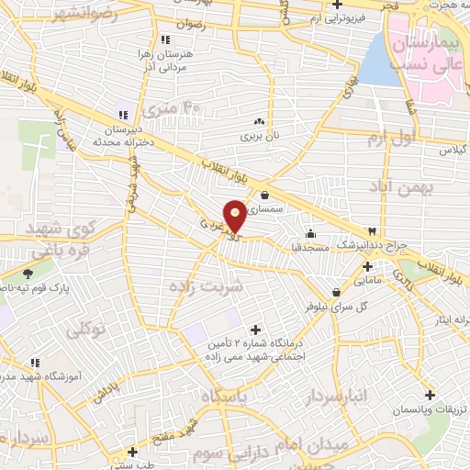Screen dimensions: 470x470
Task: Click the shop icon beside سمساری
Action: click(265, 195)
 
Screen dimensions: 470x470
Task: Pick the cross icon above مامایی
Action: click(367, 265)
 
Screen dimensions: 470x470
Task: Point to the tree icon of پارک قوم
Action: click(28, 273)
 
